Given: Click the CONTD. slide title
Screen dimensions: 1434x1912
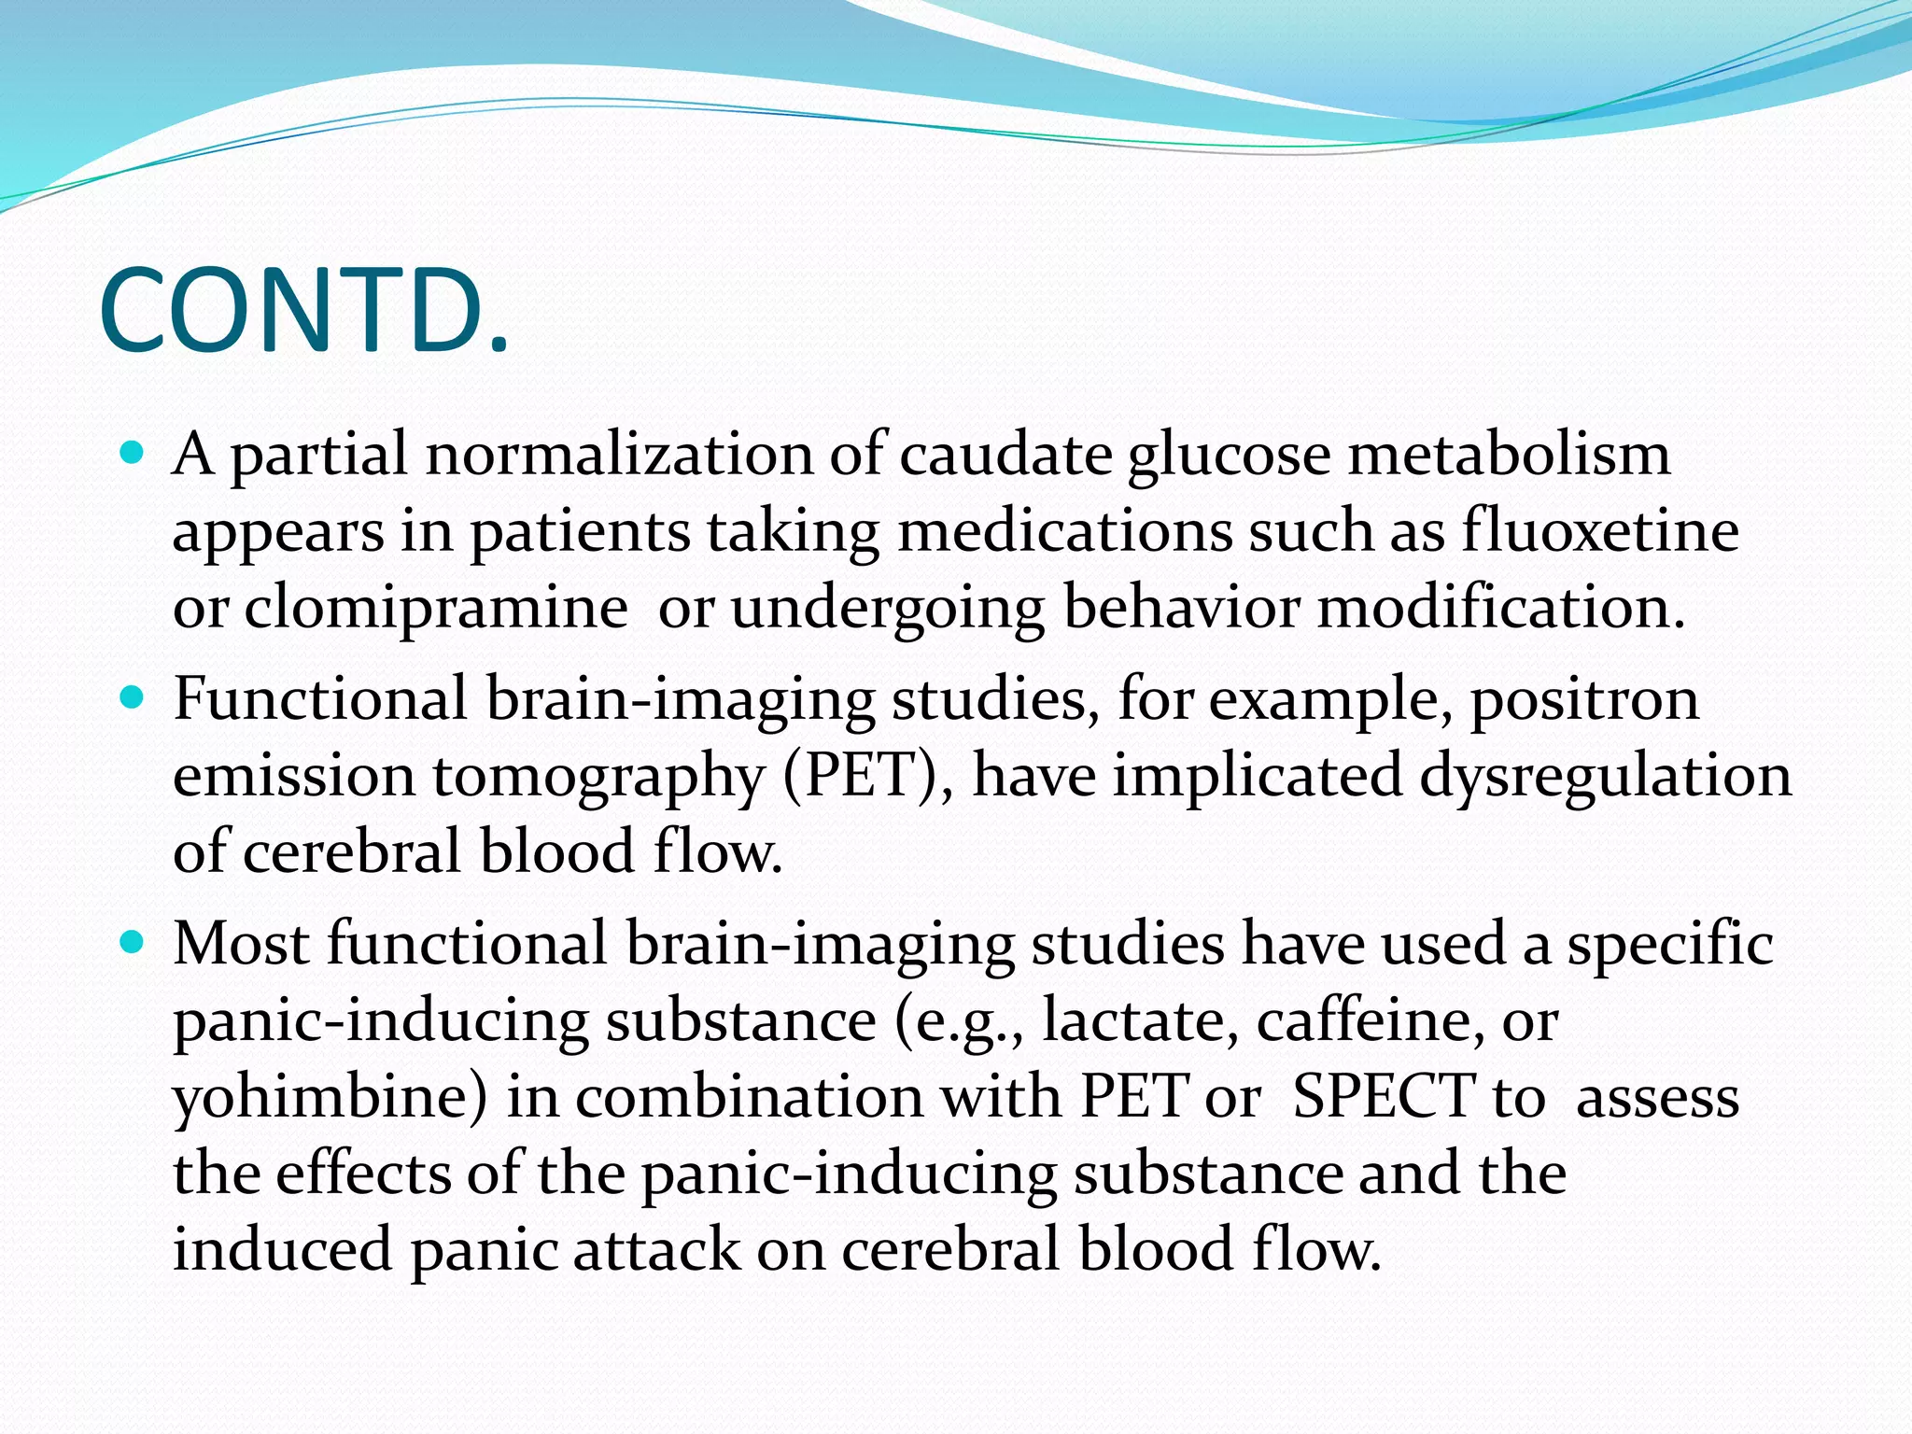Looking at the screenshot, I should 304,310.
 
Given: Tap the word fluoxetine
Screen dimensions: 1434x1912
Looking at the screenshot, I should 1600,531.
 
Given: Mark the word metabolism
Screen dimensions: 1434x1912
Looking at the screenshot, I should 1509,455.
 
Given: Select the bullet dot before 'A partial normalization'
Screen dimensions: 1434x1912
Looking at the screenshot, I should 133,455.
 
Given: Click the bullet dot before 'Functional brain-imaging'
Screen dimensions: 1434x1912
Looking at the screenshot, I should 133,697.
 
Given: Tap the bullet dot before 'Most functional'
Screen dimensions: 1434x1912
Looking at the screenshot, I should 133,943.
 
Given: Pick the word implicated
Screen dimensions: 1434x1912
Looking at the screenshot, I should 1257,775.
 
